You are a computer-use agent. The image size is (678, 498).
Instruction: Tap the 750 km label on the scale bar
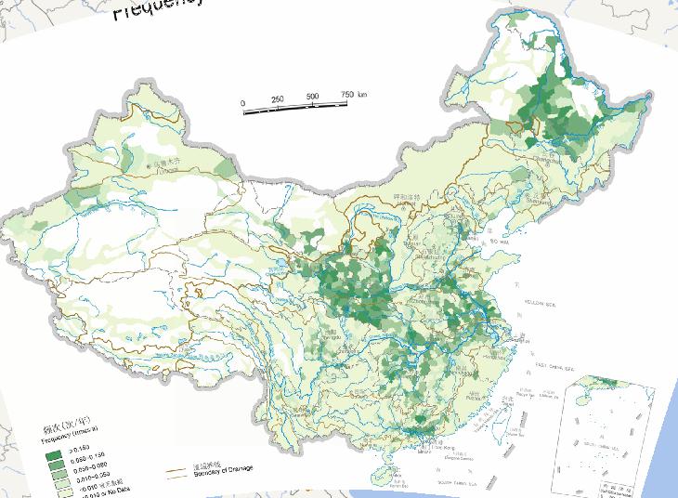(x=350, y=94)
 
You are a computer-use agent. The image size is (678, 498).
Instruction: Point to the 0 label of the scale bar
(x=242, y=103)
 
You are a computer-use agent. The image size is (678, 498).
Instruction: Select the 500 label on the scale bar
(x=313, y=97)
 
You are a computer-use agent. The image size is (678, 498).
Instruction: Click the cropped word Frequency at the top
(x=158, y=7)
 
